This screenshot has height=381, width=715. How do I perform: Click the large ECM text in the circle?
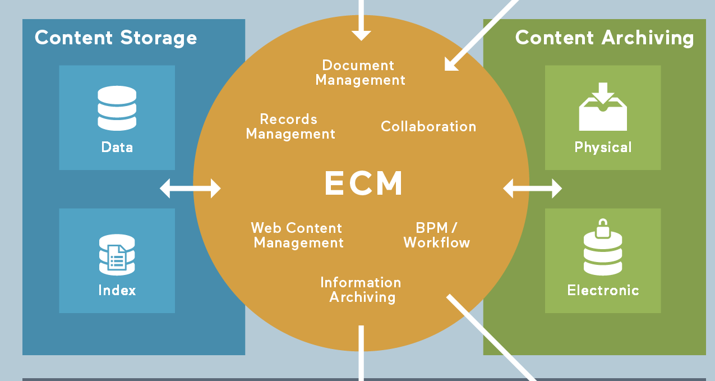[364, 183]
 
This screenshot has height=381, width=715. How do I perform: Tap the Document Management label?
[360, 73]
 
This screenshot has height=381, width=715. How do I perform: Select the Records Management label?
[290, 127]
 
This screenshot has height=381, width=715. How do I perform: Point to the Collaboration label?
[428, 127]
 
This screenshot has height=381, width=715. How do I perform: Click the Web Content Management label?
[298, 236]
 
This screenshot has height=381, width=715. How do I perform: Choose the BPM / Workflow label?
[437, 236]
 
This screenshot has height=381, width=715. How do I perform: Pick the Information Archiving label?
[361, 290]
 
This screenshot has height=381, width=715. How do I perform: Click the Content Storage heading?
[116, 38]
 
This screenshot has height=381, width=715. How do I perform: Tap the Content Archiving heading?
[605, 38]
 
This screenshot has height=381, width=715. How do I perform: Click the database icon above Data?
[117, 108]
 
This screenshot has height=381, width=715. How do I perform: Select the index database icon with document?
[117, 255]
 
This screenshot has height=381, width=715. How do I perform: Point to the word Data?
[117, 148]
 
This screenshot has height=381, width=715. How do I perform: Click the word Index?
[117, 290]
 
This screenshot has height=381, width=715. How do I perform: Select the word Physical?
[603, 148]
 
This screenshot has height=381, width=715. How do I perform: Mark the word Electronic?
[603, 290]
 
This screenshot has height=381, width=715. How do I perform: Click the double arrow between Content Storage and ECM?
[190, 188]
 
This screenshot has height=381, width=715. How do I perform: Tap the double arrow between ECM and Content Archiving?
[532, 188]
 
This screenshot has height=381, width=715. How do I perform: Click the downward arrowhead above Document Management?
[361, 34]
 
